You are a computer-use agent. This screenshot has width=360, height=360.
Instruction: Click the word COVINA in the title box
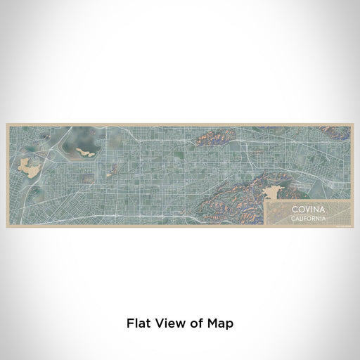309,210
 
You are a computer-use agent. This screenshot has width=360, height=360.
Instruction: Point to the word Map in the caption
219,324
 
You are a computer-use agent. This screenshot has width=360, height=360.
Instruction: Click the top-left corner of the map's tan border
7,124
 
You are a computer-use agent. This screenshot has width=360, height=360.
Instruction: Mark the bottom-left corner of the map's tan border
7,226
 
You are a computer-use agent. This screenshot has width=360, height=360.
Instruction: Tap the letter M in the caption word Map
212,324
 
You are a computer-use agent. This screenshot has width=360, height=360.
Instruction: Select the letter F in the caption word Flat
130,324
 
